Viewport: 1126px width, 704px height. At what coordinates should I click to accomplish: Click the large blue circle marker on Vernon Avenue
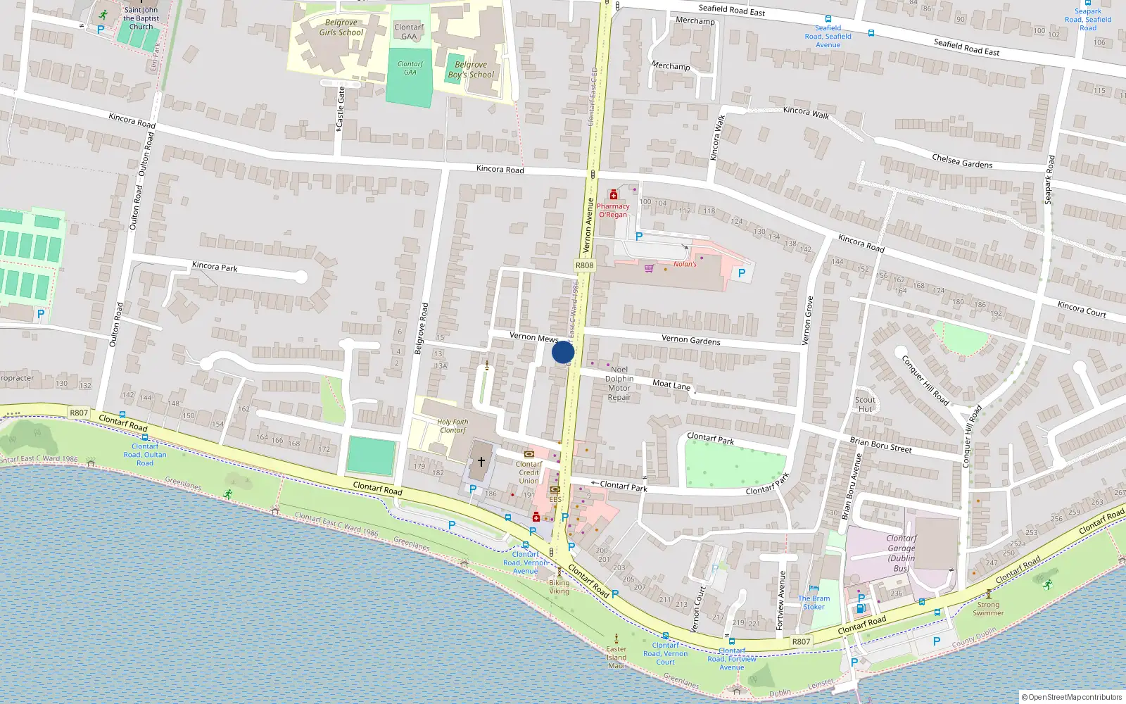click(563, 352)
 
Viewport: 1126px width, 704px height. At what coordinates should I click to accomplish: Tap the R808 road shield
click(584, 265)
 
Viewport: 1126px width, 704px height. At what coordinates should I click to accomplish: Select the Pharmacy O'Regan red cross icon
click(614, 194)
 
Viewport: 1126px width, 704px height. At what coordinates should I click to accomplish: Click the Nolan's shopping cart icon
click(649, 268)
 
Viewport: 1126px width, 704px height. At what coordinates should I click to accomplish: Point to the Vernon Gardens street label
click(690, 340)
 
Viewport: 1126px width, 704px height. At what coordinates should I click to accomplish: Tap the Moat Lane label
click(671, 384)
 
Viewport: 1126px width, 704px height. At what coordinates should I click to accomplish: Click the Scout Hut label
click(865, 404)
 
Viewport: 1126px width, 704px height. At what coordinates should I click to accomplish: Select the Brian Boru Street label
click(880, 444)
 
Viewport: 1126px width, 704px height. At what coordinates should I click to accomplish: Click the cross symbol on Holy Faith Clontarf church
click(481, 462)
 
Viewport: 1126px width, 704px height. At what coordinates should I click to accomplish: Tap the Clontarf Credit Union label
click(529, 472)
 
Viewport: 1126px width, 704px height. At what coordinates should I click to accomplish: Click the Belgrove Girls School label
click(341, 27)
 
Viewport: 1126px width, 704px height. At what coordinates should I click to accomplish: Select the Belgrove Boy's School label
click(471, 70)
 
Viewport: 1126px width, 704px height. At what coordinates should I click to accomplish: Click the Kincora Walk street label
click(718, 138)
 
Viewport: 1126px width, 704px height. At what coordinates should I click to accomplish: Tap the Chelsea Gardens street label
click(962, 161)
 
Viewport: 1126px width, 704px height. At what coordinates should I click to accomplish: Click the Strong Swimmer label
click(988, 608)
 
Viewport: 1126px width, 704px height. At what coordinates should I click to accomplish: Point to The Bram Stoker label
click(814, 603)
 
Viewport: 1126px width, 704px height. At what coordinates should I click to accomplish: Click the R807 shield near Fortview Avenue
click(801, 641)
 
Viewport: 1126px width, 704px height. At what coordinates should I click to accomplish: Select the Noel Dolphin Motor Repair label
click(619, 383)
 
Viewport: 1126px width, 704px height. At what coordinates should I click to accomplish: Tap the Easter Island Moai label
click(616, 658)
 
